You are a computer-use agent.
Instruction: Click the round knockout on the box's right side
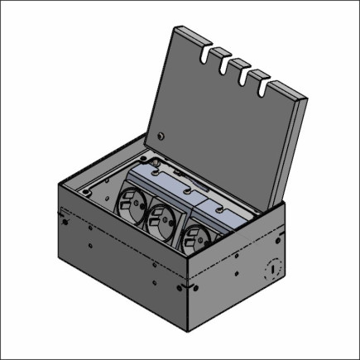271,268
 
